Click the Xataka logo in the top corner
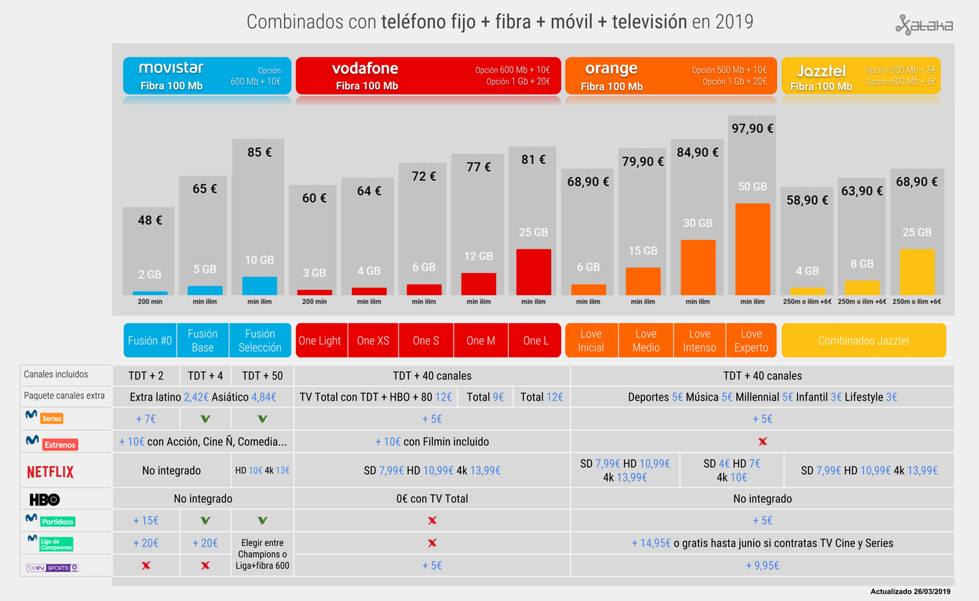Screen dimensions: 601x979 (x=924, y=25)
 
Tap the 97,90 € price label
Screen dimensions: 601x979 (x=753, y=128)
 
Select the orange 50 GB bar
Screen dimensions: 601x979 (x=753, y=249)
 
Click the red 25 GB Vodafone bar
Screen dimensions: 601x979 (x=533, y=271)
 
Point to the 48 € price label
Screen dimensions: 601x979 (x=150, y=221)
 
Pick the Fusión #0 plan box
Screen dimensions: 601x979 (x=150, y=340)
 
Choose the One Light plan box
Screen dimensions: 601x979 (x=320, y=340)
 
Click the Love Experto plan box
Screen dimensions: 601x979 (x=751, y=340)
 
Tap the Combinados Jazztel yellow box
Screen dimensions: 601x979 (x=863, y=340)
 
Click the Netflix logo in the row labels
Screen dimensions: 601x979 (x=50, y=472)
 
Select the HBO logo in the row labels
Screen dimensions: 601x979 (x=44, y=499)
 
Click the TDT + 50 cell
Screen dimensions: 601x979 (x=262, y=375)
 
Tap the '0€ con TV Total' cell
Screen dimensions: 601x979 (x=431, y=499)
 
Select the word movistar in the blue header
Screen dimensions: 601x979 (x=171, y=68)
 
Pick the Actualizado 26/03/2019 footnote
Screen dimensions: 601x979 (x=910, y=592)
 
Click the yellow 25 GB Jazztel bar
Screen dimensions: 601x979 (x=917, y=271)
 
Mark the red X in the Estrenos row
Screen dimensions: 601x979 (x=762, y=442)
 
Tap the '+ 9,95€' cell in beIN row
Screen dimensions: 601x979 (x=762, y=566)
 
